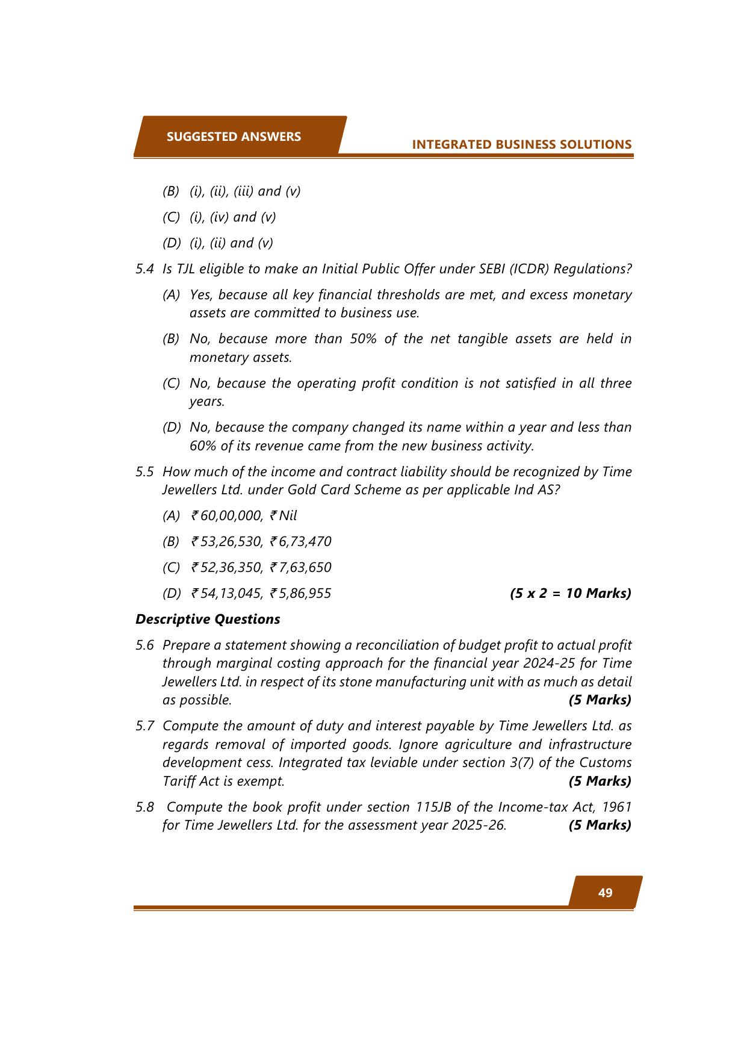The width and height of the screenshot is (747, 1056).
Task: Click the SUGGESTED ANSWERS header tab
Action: [234, 137]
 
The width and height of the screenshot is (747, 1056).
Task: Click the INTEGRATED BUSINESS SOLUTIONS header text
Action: [521, 144]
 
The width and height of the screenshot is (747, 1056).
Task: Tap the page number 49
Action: [605, 892]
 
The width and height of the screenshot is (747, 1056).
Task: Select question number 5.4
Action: [144, 269]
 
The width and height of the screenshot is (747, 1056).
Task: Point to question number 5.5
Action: [144, 472]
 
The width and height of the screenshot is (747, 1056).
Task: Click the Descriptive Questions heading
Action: [208, 620]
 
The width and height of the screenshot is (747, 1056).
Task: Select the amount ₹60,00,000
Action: [226, 516]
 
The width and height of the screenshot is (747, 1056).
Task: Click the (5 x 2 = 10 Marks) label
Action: [570, 594]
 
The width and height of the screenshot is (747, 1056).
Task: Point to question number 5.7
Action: [144, 726]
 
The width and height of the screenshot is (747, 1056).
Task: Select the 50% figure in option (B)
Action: [363, 339]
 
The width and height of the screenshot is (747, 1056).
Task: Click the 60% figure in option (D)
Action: [203, 446]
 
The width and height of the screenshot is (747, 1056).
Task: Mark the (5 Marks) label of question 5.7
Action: [600, 781]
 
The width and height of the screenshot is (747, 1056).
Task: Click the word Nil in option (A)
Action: [288, 516]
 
